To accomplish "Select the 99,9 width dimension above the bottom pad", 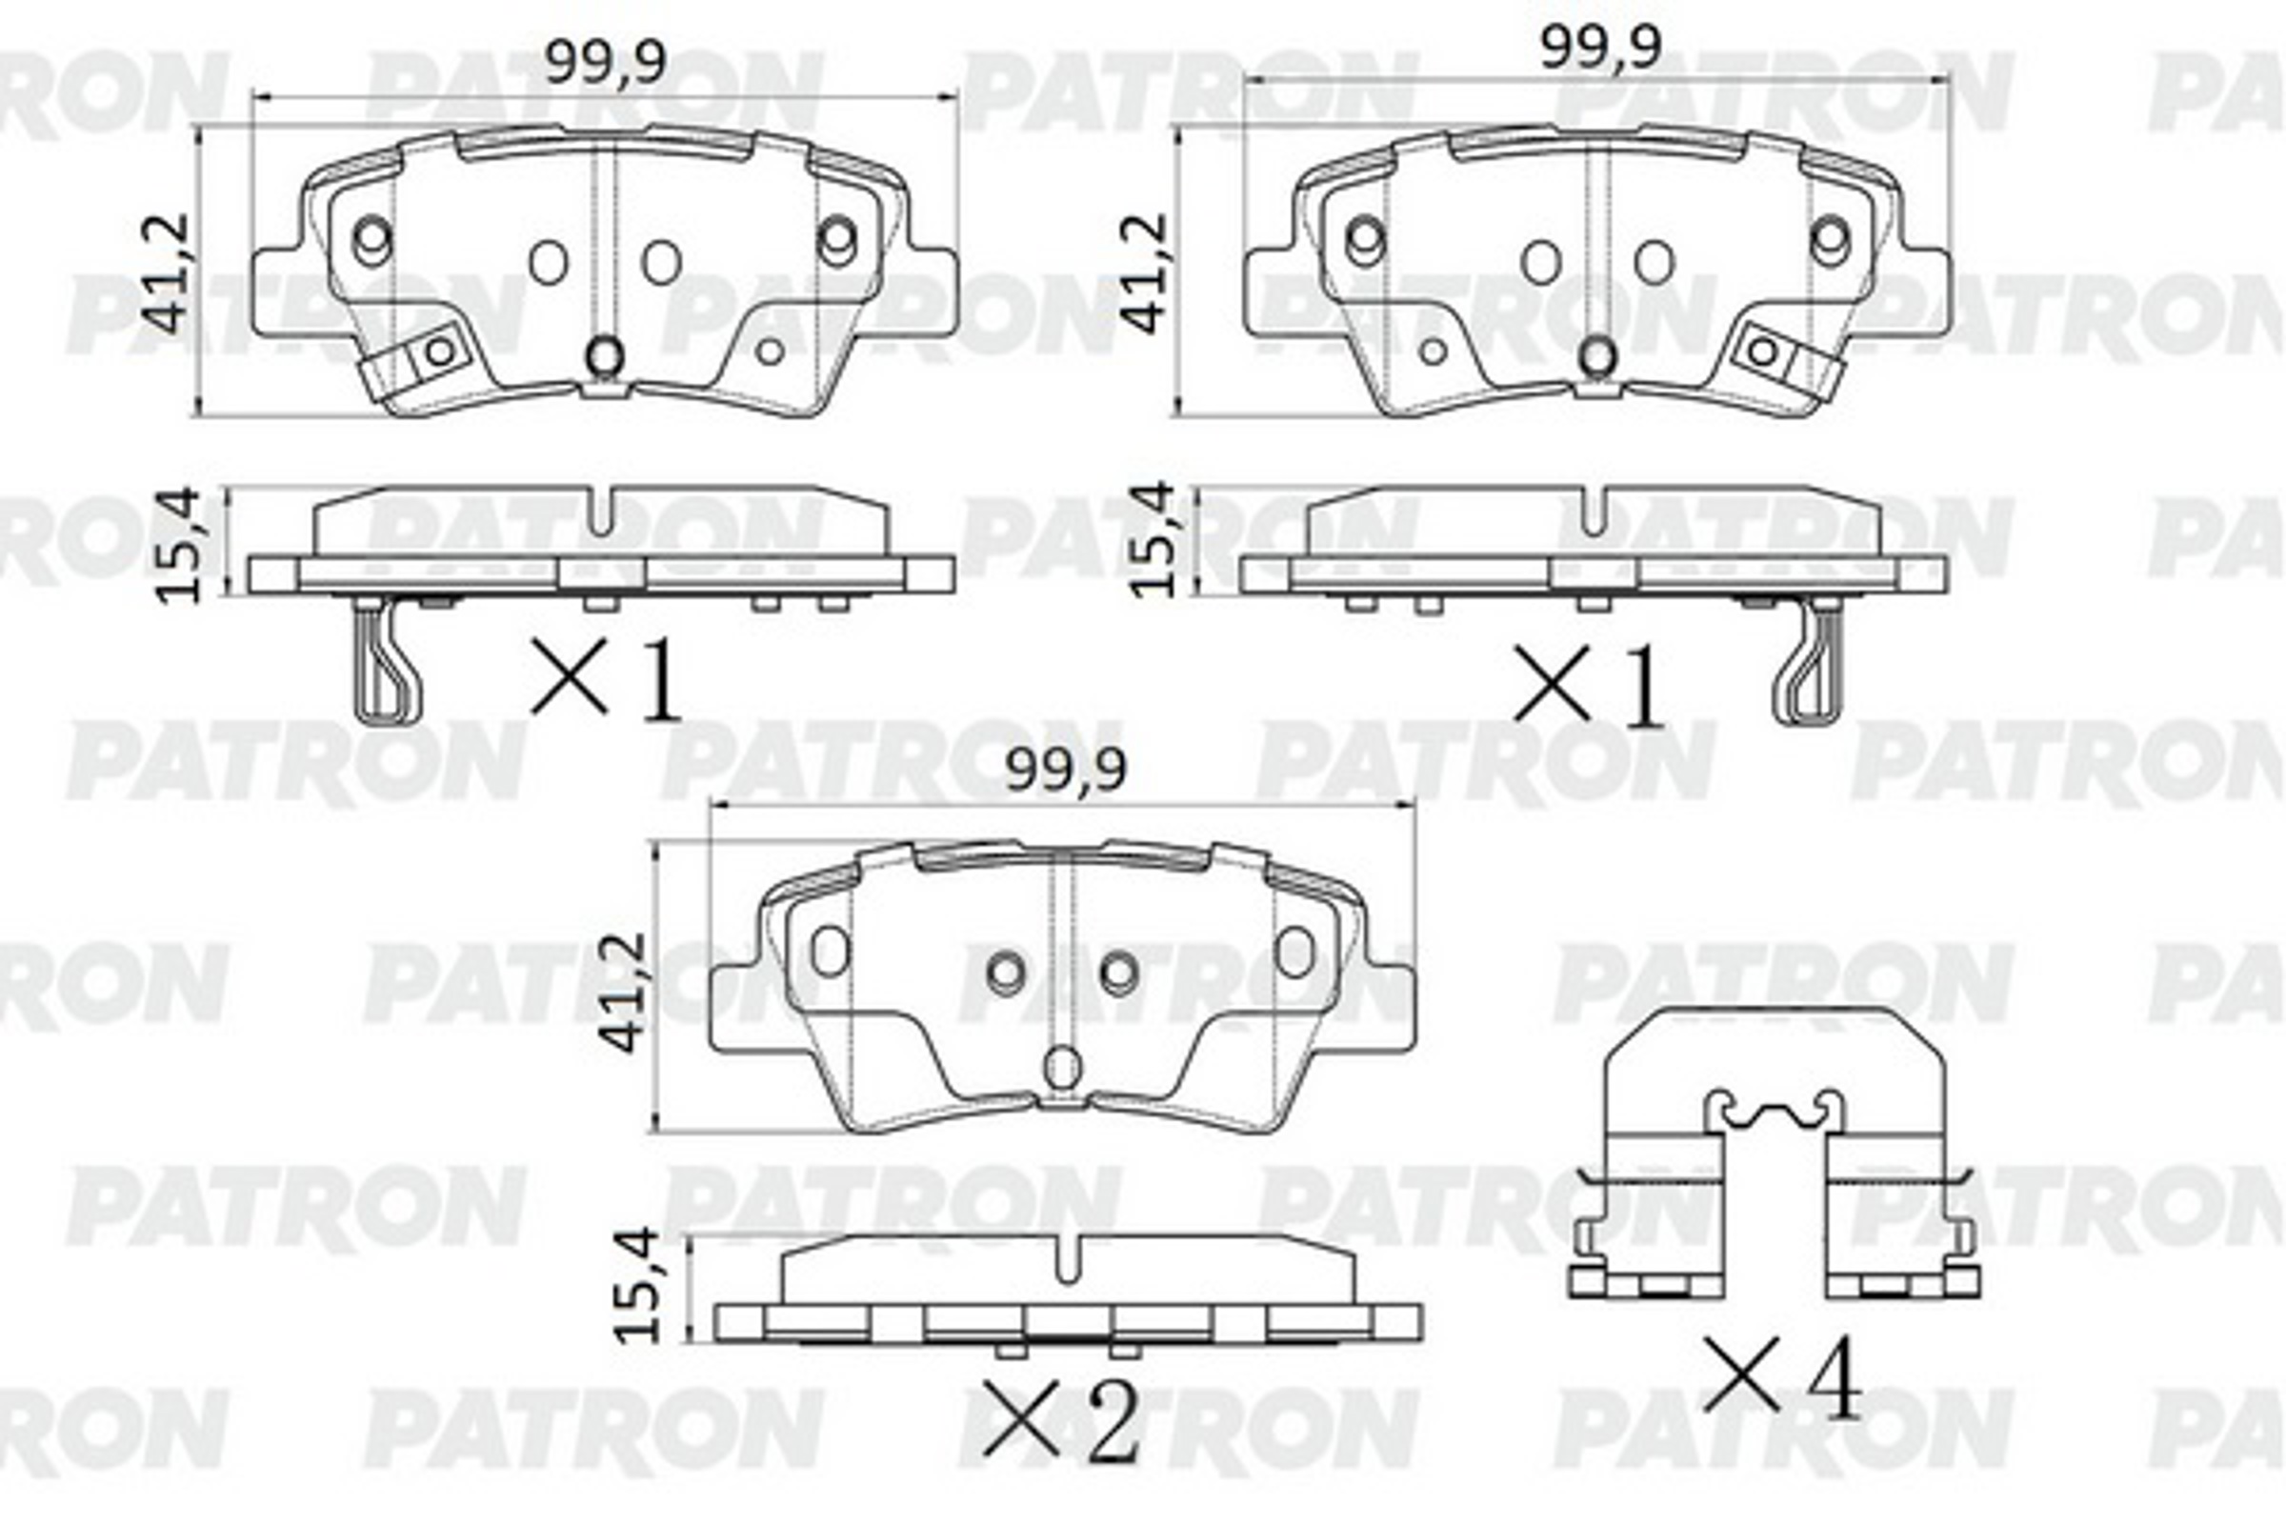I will tap(1065, 771).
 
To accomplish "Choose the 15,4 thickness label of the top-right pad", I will tap(1154, 540).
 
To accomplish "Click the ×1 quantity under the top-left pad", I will tap(605, 680).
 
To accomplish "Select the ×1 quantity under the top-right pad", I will tap(1588, 688).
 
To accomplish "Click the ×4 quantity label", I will tap(1782, 1380).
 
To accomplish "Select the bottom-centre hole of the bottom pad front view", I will tap(1061, 1067).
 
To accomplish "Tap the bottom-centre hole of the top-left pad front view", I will tap(605, 355).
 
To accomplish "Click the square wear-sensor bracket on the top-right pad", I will tap(1763, 351).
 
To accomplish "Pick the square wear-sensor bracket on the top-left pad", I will tap(439, 351).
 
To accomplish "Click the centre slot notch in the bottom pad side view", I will tap(1066, 1260).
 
